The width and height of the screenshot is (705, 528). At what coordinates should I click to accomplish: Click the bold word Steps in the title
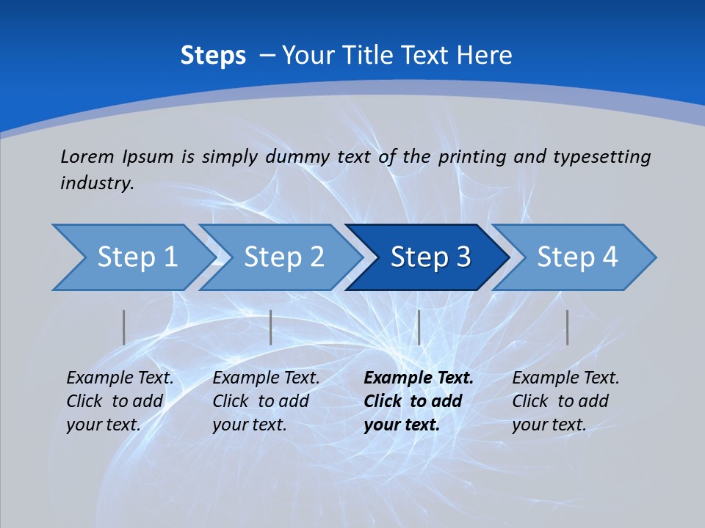point(213,56)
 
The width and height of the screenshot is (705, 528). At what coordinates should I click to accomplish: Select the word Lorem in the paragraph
point(87,156)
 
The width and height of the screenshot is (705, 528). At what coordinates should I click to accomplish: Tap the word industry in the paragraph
point(97,183)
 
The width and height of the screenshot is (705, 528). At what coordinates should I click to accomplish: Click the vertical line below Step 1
point(124,327)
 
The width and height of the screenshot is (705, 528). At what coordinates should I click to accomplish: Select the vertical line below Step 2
point(271,327)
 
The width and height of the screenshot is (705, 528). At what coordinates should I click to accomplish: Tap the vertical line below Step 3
point(419,327)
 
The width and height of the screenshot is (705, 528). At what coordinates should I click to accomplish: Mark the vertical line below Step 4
point(567,327)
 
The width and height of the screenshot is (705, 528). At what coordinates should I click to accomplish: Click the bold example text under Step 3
point(419,401)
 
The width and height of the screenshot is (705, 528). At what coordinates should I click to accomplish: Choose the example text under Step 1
point(120,401)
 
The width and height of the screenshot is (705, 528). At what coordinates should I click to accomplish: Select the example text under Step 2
point(266,401)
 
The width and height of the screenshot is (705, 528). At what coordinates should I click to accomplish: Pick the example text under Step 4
point(565,401)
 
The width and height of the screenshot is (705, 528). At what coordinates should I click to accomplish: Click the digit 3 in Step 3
point(463,257)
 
